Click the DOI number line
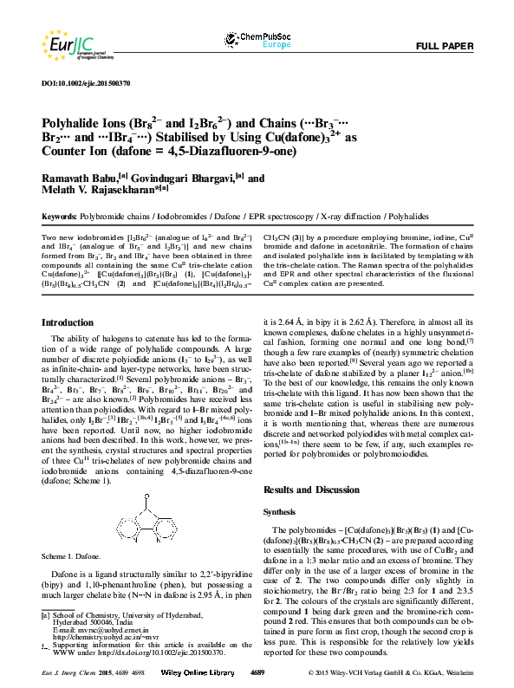[x=86, y=83]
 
